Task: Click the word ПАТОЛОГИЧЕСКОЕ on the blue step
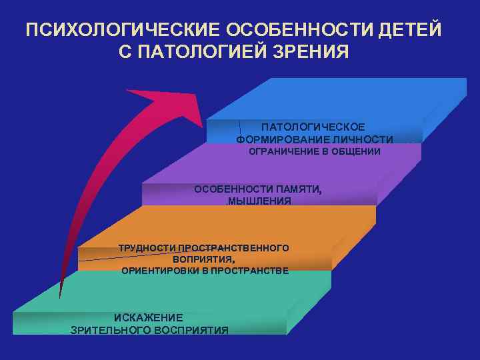[x=313, y=127]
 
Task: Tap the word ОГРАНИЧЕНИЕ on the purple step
[x=280, y=152]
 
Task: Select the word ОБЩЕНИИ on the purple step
[x=354, y=152]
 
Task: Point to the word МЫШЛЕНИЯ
[x=259, y=201]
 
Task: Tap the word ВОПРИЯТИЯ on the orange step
[x=203, y=259]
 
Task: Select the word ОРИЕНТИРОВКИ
[x=160, y=271]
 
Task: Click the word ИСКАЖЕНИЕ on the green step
[x=148, y=317]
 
